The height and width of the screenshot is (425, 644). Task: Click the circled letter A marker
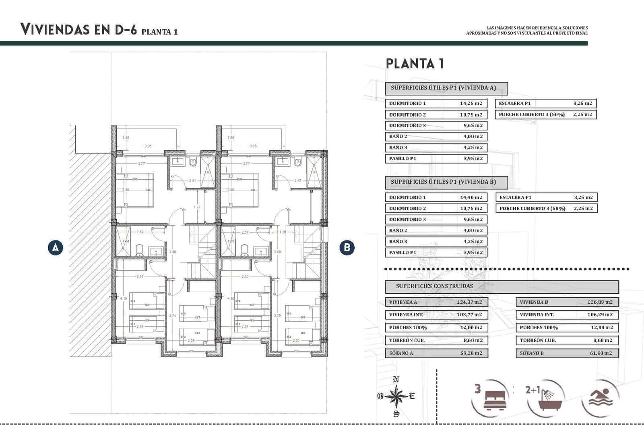[x=55, y=247]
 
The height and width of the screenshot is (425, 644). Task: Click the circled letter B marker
[x=347, y=247]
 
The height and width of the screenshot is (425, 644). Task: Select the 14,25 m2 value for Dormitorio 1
[x=471, y=104]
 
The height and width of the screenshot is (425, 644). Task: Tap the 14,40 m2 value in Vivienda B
[x=471, y=197]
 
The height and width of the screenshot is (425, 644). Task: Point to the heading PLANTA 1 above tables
[x=415, y=64]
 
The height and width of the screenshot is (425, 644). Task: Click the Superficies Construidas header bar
[x=502, y=286]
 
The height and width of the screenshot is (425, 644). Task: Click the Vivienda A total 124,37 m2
[x=469, y=302]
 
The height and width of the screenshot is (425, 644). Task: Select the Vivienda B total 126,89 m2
[x=599, y=302]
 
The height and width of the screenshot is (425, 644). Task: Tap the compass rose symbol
[x=396, y=396]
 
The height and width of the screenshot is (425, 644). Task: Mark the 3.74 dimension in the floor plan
[x=172, y=315]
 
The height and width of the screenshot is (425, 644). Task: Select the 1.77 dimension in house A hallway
[x=197, y=207]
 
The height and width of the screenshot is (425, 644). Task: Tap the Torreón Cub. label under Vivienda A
[x=407, y=340]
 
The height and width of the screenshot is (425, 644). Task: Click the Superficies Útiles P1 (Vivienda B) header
[x=446, y=182]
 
